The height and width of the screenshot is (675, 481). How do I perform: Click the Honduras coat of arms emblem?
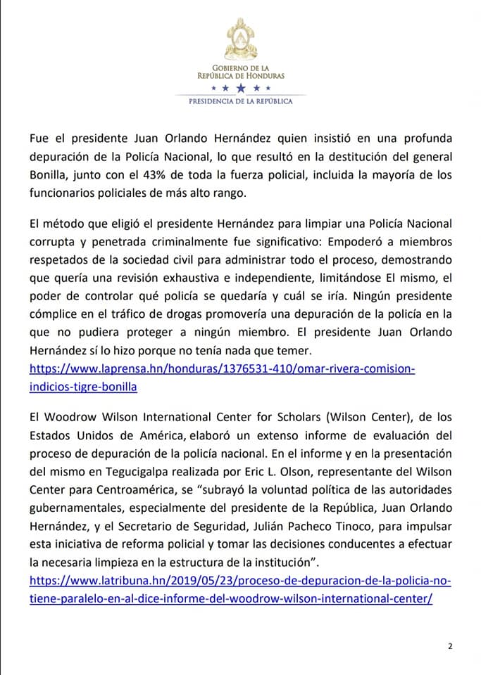[241, 39]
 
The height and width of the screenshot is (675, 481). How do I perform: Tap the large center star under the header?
[241, 88]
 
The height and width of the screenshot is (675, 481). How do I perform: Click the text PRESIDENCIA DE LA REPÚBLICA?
[241, 101]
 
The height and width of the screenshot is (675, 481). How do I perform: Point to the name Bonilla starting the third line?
[48, 175]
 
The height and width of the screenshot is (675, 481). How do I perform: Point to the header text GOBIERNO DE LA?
[241, 67]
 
